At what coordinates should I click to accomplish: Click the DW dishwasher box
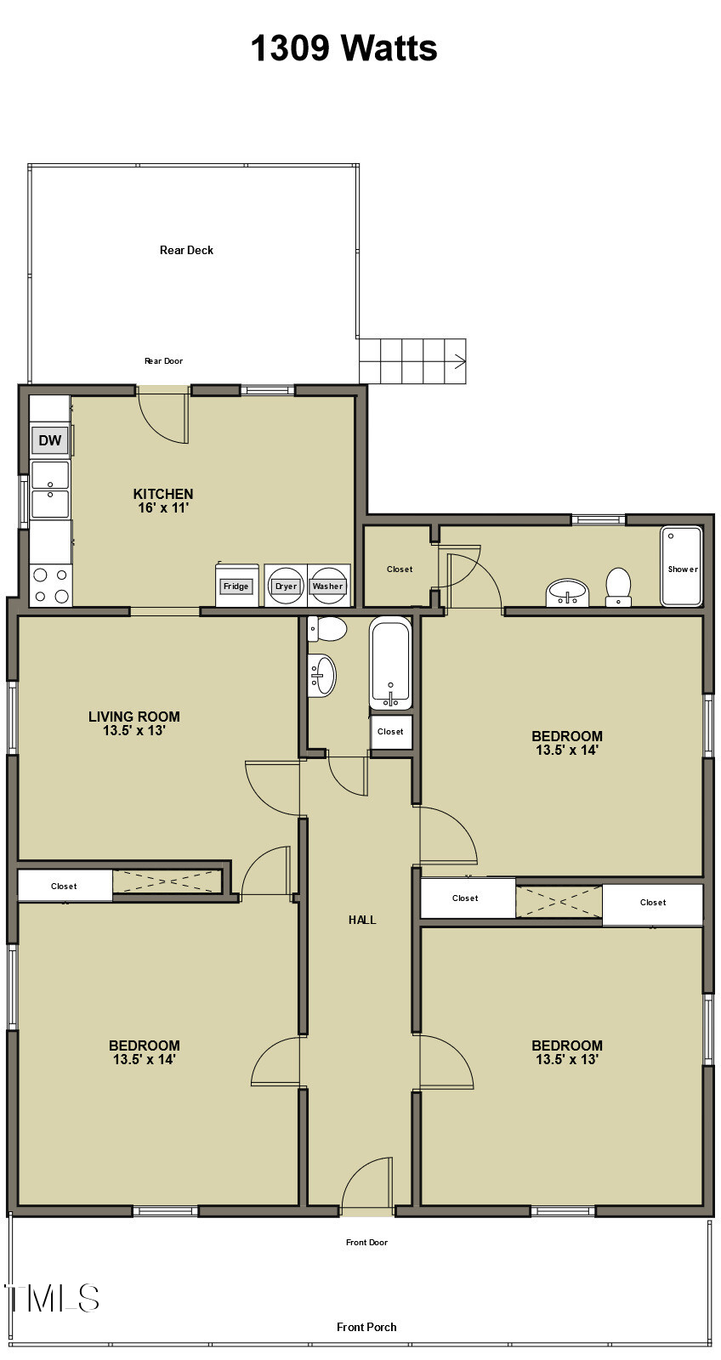(x=50, y=440)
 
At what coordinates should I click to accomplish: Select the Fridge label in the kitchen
(x=236, y=586)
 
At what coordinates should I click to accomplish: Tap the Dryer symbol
(x=286, y=586)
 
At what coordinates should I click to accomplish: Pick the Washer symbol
(x=327, y=586)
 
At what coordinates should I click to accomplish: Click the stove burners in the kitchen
(x=50, y=586)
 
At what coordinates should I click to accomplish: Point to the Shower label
(x=682, y=569)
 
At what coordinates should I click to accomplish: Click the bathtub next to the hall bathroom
(x=390, y=662)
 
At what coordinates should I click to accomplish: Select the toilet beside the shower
(x=618, y=586)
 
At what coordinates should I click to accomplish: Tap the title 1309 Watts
(x=343, y=48)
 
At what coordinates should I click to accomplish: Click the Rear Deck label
(x=186, y=250)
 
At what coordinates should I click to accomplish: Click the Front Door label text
(x=366, y=1243)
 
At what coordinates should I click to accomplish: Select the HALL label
(x=362, y=920)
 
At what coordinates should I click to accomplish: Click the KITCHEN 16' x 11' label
(x=163, y=501)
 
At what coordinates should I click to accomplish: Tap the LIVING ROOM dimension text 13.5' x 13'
(x=134, y=730)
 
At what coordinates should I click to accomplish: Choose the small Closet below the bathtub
(x=390, y=732)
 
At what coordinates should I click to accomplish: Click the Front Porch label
(x=366, y=1327)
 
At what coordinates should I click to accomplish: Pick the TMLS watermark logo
(x=53, y=1298)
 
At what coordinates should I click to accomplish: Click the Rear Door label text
(x=163, y=361)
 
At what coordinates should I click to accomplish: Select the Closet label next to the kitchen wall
(x=400, y=569)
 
